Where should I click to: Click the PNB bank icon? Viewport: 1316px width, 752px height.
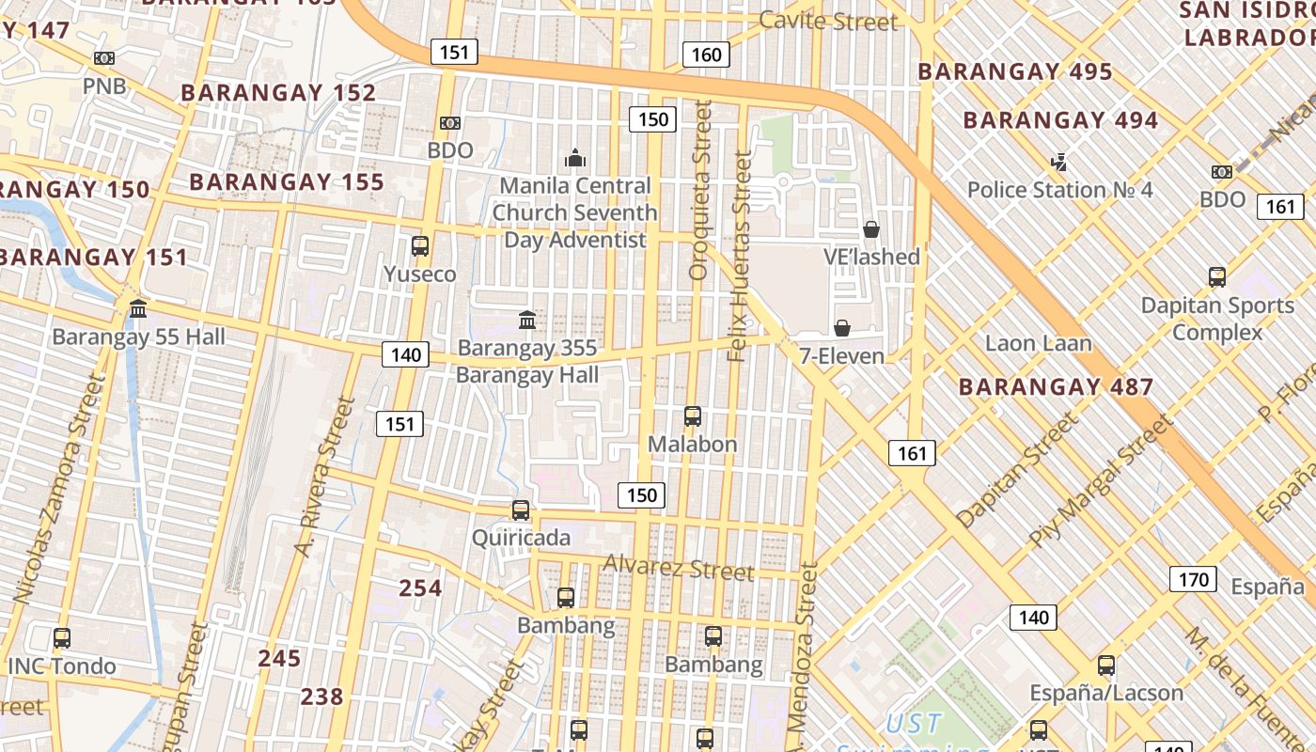[104, 58]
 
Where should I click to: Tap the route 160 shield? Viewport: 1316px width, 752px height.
[706, 55]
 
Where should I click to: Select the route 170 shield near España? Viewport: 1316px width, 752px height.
[1193, 579]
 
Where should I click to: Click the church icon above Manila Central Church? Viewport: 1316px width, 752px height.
[575, 158]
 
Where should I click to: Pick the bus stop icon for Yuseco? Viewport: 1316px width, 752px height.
[420, 246]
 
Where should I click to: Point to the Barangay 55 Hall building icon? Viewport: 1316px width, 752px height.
[139, 308]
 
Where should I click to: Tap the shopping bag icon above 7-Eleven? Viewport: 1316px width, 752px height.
[842, 328]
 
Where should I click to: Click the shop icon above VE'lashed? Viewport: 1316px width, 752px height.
[871, 229]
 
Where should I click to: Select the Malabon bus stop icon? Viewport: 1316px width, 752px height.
[693, 415]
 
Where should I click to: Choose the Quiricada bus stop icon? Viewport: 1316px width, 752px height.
[520, 510]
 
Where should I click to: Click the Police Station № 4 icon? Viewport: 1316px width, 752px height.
[1059, 163]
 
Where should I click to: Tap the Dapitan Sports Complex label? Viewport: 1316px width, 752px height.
[1217, 319]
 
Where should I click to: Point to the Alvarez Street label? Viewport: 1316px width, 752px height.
[678, 568]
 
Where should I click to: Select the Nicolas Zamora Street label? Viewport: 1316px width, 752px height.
[58, 489]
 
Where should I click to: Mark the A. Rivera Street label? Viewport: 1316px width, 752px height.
[323, 477]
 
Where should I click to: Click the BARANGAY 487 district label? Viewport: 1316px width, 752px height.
[1056, 386]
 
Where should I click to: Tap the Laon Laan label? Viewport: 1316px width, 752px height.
[1038, 343]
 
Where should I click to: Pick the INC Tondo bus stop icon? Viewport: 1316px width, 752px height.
[62, 638]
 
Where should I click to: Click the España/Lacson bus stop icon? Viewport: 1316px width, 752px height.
[1106, 666]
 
